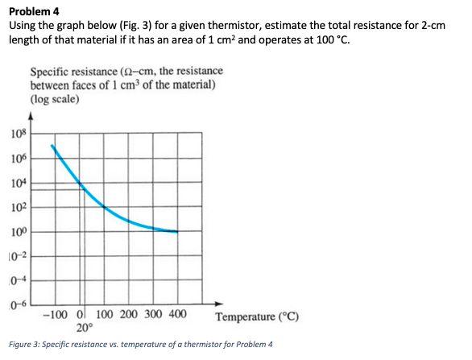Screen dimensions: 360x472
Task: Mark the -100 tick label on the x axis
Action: click(55, 314)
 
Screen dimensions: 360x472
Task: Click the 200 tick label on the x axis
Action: click(130, 314)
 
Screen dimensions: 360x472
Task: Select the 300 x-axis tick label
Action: click(153, 314)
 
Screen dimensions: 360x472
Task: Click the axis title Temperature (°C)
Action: click(259, 315)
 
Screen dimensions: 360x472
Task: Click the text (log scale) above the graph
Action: click(53, 99)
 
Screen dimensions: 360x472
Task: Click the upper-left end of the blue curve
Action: click(53, 147)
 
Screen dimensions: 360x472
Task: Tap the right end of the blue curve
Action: click(176, 232)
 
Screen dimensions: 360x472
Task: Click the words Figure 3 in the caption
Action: click(26, 345)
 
